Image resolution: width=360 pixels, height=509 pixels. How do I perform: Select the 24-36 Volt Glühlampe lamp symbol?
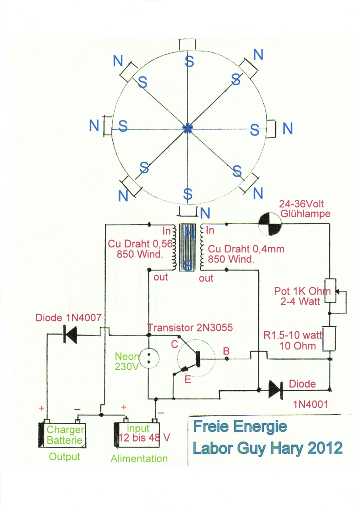[x=270, y=223]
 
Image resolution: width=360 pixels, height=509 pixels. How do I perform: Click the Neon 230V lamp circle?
[x=149, y=359]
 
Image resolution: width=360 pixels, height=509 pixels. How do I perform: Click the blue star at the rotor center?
[x=188, y=128]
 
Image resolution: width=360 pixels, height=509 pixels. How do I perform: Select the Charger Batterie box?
[x=62, y=435]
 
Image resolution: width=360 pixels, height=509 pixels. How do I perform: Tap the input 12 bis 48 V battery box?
[x=137, y=435]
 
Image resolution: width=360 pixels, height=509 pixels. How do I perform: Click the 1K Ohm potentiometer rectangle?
[x=330, y=291]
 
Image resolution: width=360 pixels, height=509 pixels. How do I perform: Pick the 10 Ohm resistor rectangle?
[x=330, y=338]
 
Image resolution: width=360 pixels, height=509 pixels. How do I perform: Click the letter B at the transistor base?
[x=226, y=351]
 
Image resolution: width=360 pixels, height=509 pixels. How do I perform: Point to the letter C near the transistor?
[x=175, y=344]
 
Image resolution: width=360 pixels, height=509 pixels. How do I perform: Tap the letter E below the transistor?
[x=188, y=379]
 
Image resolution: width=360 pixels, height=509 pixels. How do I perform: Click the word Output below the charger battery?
[x=64, y=457]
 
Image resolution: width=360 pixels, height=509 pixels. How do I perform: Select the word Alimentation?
[x=139, y=459]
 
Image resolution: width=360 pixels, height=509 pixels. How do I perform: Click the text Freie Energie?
[x=240, y=426]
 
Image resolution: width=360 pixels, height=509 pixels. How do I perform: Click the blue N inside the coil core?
[x=189, y=233]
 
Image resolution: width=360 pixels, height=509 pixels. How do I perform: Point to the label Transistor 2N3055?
[x=190, y=328]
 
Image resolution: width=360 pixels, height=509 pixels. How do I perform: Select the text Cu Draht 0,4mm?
[x=246, y=249]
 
